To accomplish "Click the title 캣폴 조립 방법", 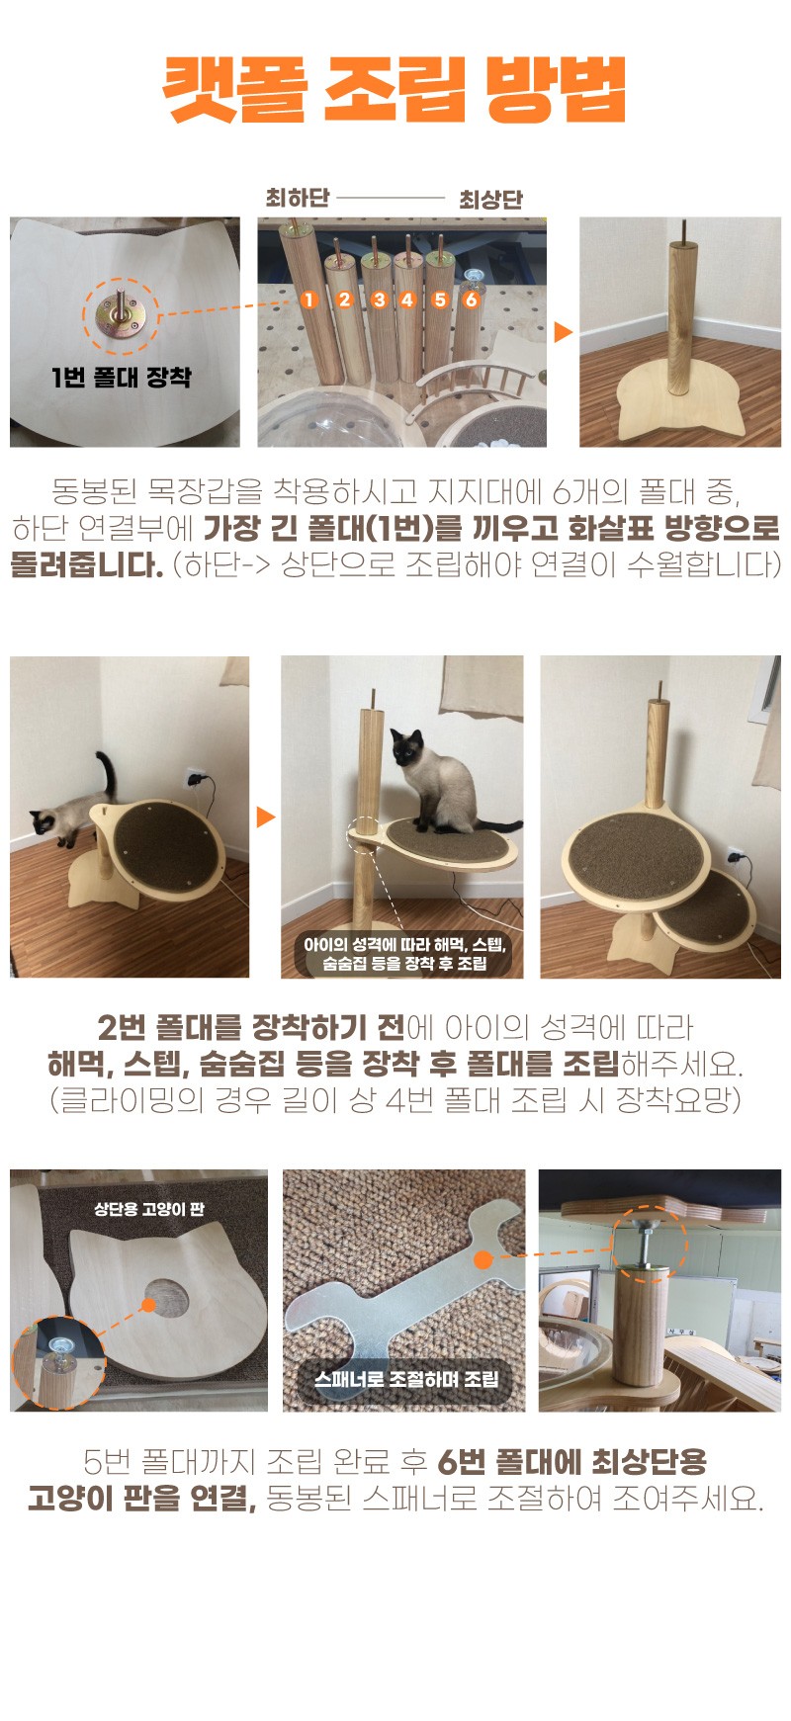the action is click(x=395, y=90).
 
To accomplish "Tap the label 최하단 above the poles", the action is click(x=297, y=198).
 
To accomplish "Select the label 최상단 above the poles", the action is click(x=490, y=199).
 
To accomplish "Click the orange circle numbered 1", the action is click(x=309, y=299).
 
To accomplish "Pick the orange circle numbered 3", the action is click(x=379, y=299).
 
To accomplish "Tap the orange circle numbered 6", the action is click(x=472, y=299).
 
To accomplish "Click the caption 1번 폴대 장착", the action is click(x=122, y=377).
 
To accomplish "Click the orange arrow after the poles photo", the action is click(x=563, y=331).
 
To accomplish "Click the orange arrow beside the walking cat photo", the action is click(x=265, y=817).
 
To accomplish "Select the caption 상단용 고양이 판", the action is click(x=149, y=1209).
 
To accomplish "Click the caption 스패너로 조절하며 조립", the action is click(x=405, y=1379).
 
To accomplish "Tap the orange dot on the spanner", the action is click(x=483, y=1259).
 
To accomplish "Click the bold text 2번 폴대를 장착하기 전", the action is click(x=251, y=1028).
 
